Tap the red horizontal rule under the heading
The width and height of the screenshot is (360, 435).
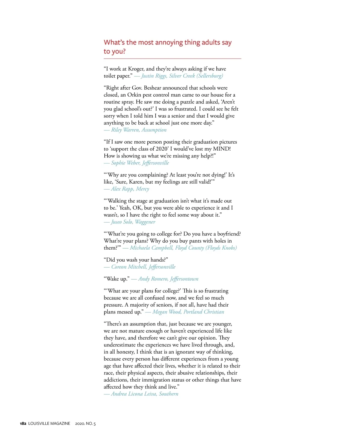pyautogui.click(x=172, y=58)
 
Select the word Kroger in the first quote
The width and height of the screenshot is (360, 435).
pyautogui.click(x=137, y=69)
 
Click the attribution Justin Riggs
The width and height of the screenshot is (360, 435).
pyautogui.click(x=154, y=76)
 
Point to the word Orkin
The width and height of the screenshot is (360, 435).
pyautogui.click(x=134, y=95)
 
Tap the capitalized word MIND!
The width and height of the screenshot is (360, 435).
pyautogui.click(x=222, y=149)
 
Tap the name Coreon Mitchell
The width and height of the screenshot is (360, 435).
pyautogui.click(x=129, y=267)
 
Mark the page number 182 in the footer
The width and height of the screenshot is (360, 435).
pyautogui.click(x=23, y=424)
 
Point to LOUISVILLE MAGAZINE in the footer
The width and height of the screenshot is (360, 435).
pyautogui.click(x=49, y=424)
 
